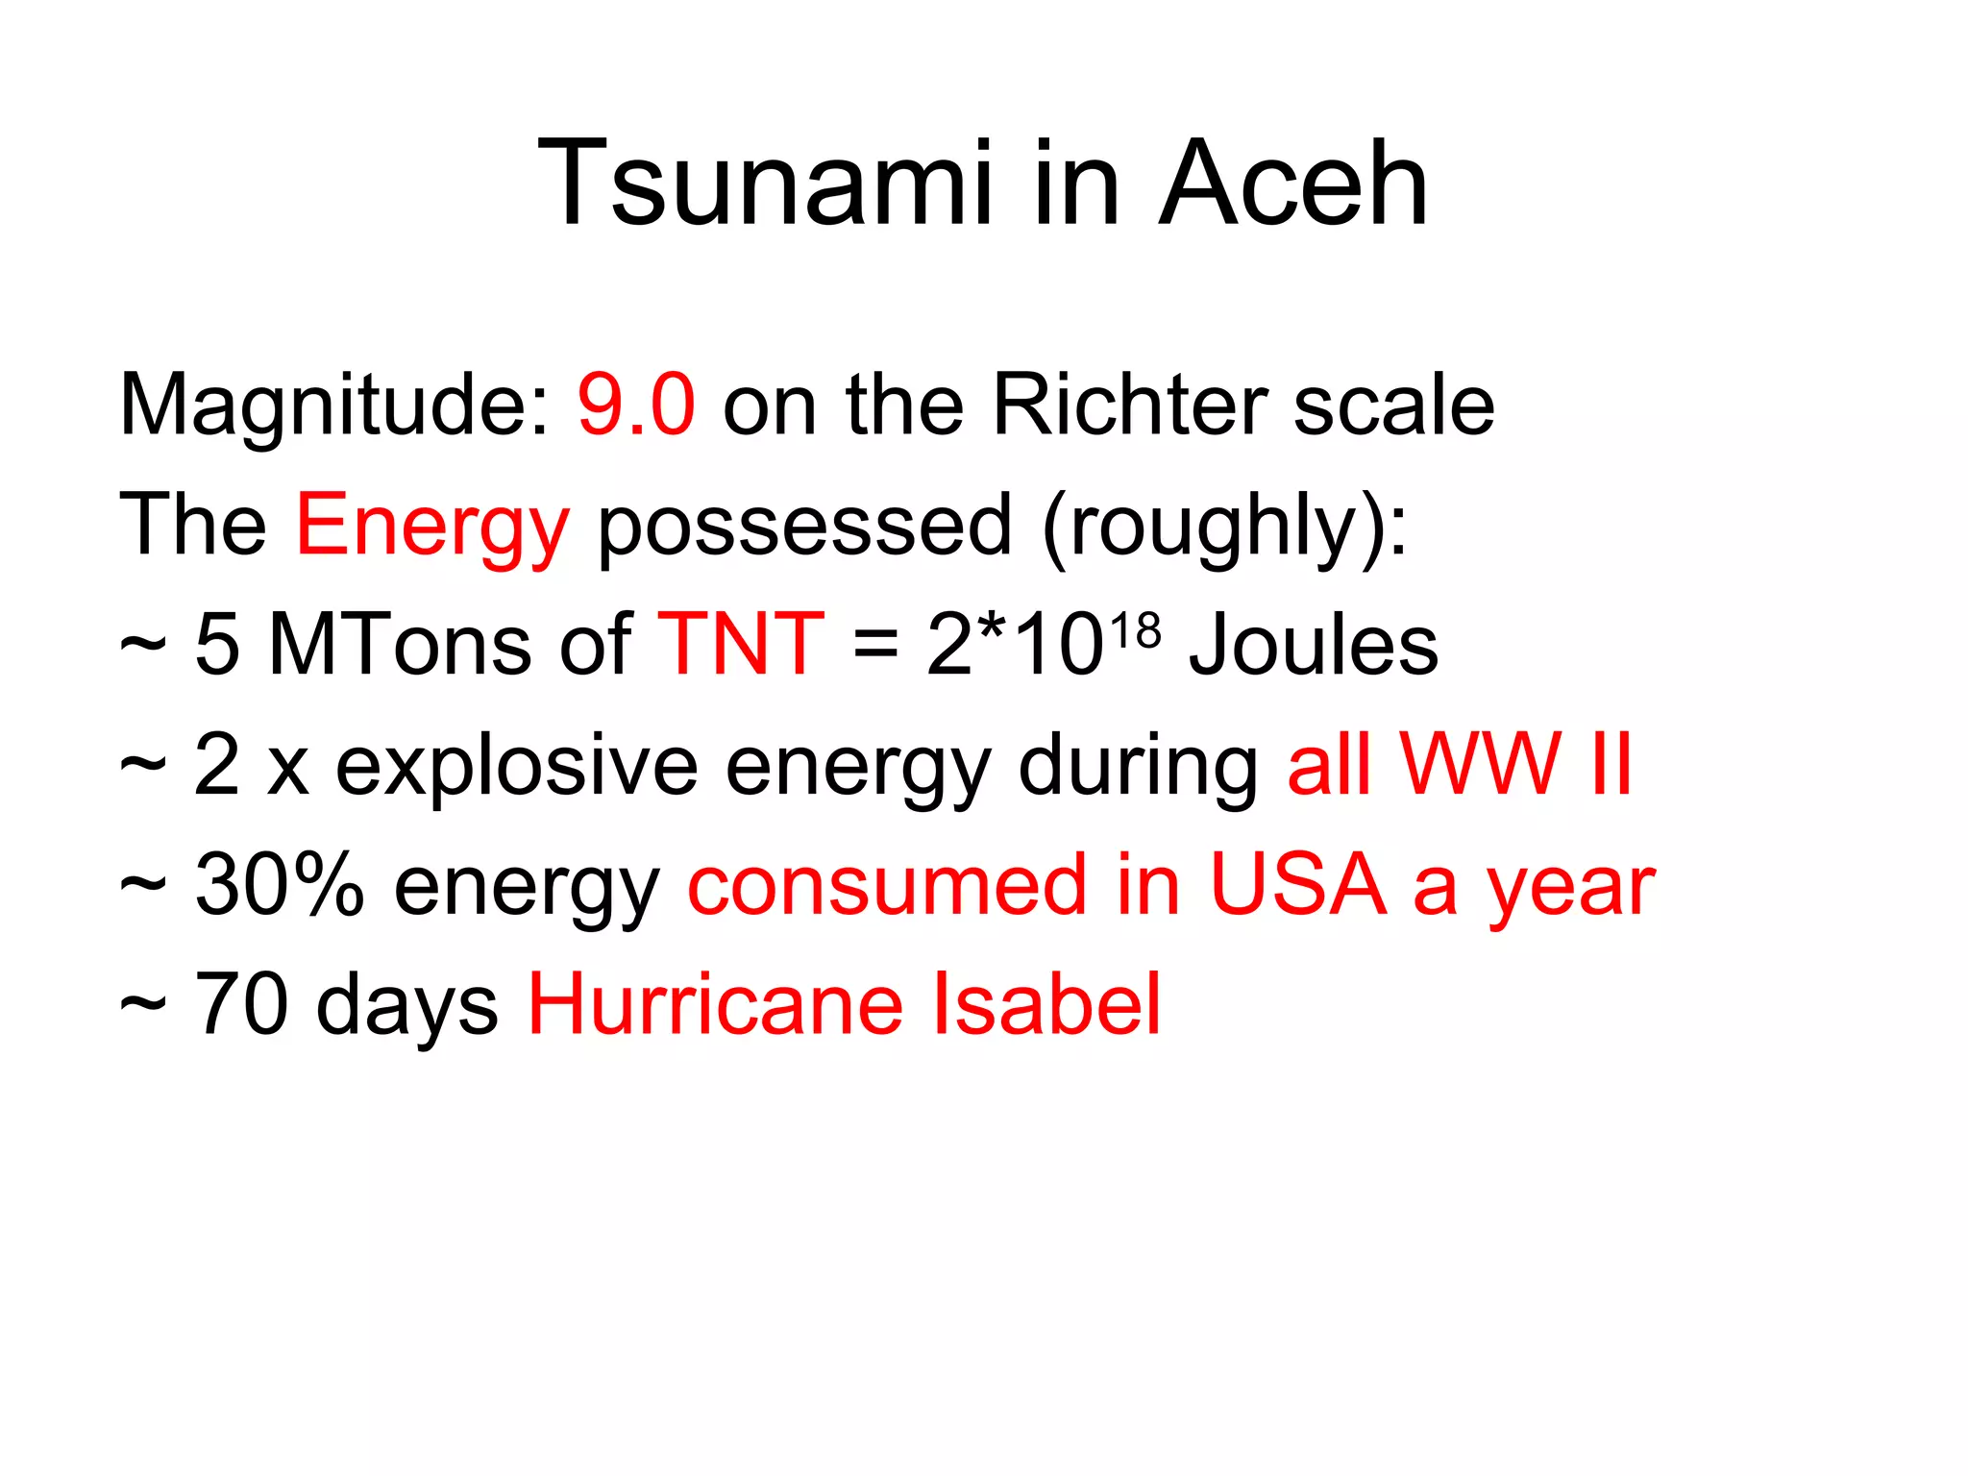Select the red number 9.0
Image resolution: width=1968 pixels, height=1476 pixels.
(x=636, y=405)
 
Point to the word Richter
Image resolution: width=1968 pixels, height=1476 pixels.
(x=1129, y=405)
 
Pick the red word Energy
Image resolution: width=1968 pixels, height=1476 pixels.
(x=432, y=526)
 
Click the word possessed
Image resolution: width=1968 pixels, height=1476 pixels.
(x=804, y=526)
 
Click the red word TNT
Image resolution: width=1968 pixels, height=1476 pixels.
(x=740, y=645)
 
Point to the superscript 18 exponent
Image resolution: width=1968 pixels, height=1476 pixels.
(x=1135, y=632)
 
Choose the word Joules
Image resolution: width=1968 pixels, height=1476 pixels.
(x=1314, y=645)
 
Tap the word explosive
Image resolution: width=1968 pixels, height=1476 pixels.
(x=516, y=765)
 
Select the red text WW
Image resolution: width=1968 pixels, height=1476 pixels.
(x=1480, y=765)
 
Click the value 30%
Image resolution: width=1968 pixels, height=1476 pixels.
(x=280, y=885)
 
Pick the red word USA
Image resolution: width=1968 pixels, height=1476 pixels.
(x=1297, y=885)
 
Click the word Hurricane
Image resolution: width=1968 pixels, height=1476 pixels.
(x=716, y=1005)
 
